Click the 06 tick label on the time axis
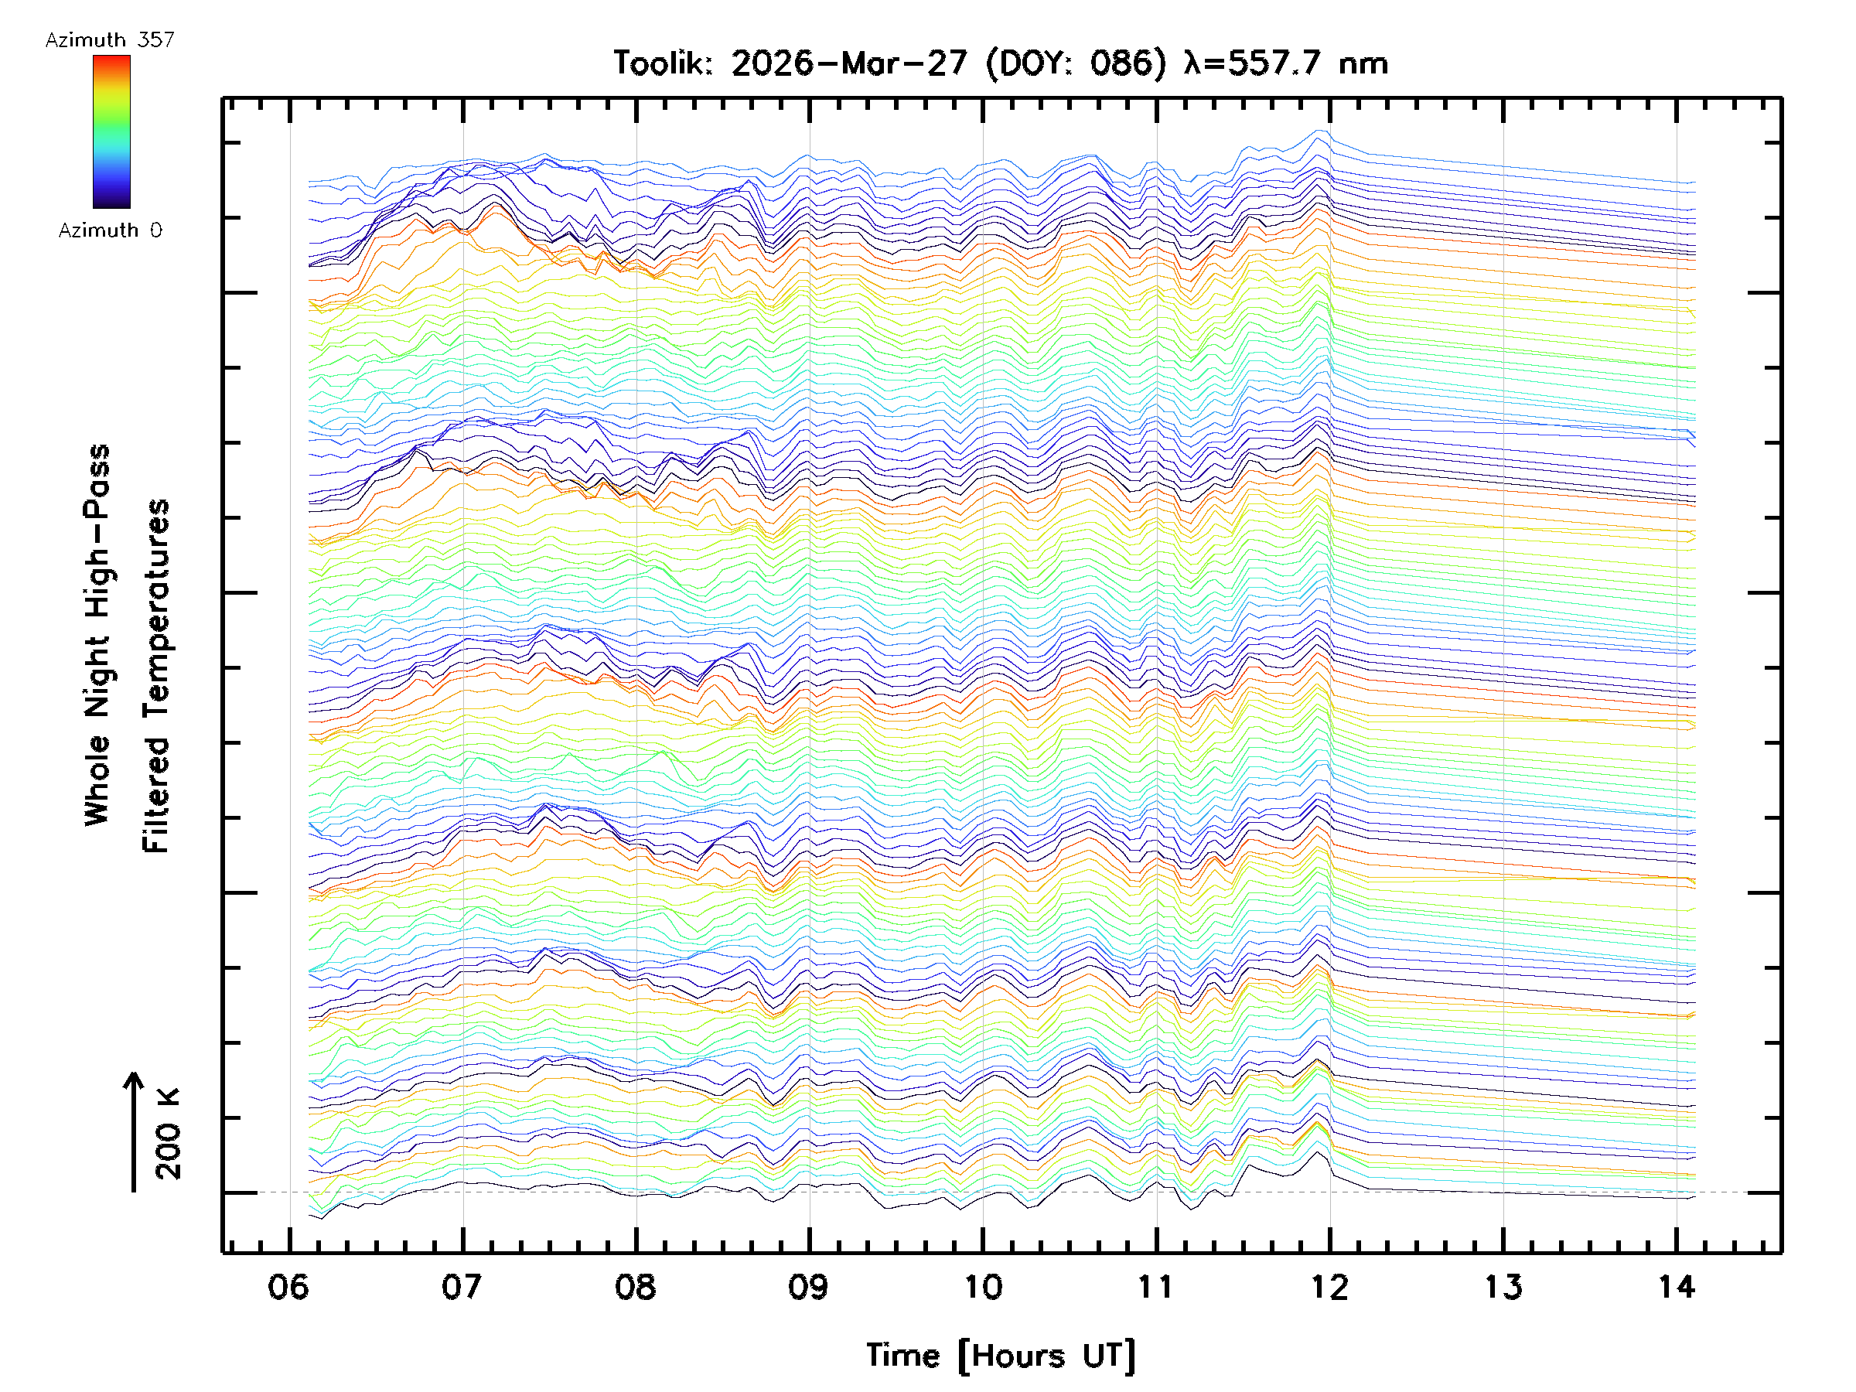click(x=288, y=1286)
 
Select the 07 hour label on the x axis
click(x=462, y=1286)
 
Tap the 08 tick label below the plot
click(x=635, y=1286)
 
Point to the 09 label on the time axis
click(x=809, y=1286)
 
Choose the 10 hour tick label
click(x=983, y=1286)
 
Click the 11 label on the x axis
click(x=1155, y=1286)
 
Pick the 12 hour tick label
click(x=1329, y=1286)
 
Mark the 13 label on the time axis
click(x=1503, y=1286)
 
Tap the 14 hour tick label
click(x=1677, y=1286)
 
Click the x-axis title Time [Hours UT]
click(x=1001, y=1356)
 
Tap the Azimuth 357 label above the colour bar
click(x=110, y=40)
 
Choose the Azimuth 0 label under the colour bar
click(x=110, y=230)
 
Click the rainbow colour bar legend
click(x=111, y=131)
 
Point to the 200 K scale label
click(x=169, y=1133)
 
